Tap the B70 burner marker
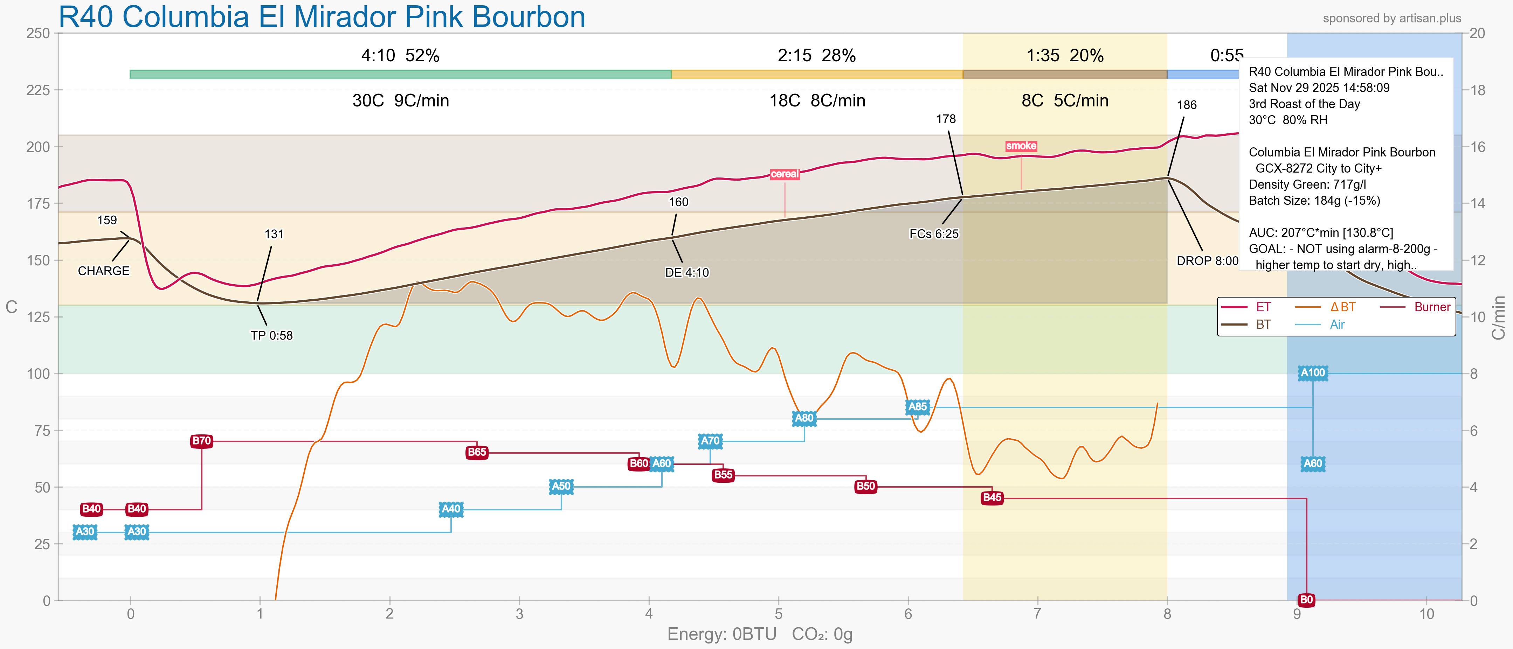(x=201, y=441)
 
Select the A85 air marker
(x=918, y=407)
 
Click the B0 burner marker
(x=1306, y=600)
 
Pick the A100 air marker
(x=1313, y=372)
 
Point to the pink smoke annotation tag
(x=1021, y=146)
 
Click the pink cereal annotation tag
(x=785, y=174)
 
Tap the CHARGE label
(x=103, y=271)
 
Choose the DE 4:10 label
(x=686, y=273)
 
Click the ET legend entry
(x=1263, y=307)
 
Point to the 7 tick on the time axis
(x=1037, y=614)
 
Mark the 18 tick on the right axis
(x=1477, y=90)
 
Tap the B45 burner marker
(x=992, y=498)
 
